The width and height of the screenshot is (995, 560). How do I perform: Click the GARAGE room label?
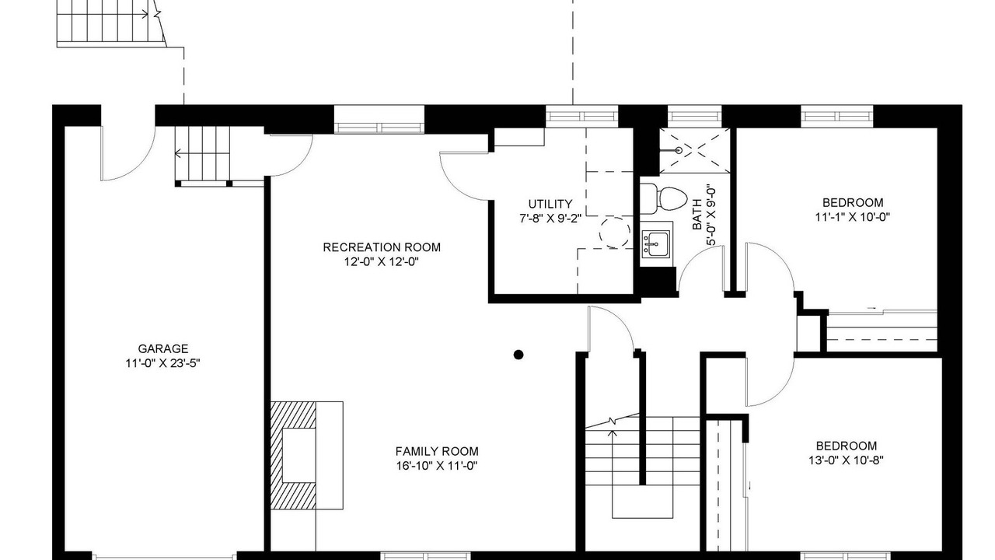tap(163, 349)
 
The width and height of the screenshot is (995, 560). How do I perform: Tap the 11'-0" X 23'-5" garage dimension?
tap(163, 363)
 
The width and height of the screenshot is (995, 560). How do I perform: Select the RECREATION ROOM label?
tap(382, 247)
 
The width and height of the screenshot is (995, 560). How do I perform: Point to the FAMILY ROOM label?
tap(437, 452)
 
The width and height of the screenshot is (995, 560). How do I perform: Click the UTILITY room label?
tap(550, 204)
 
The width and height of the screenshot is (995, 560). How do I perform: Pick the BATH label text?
tap(697, 214)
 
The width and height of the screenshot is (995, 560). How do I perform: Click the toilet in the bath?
tap(664, 198)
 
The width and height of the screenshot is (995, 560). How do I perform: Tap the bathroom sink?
tap(656, 244)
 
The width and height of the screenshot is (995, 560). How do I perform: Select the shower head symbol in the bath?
tap(679, 151)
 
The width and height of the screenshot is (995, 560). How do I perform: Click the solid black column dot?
tap(518, 355)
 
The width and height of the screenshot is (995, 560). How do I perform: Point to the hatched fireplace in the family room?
tap(294, 455)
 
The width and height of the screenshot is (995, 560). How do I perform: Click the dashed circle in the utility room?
tap(614, 233)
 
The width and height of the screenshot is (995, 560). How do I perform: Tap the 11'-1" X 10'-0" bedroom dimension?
tap(853, 217)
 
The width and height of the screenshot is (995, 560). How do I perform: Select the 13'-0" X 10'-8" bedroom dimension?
tap(847, 460)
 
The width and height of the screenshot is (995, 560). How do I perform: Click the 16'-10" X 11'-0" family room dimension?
tap(437, 466)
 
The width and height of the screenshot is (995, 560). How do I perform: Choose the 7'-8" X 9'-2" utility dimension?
tap(550, 219)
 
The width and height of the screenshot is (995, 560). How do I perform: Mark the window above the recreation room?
tap(379, 119)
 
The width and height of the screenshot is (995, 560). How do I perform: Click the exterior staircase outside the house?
tap(111, 23)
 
